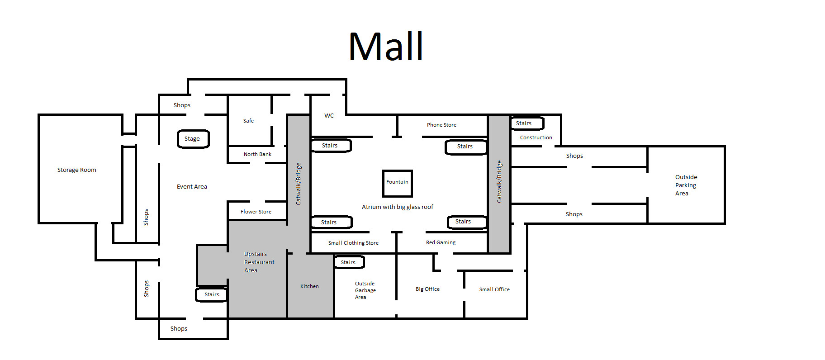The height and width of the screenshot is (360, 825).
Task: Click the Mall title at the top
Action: [386, 47]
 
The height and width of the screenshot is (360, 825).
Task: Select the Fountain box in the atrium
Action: [397, 183]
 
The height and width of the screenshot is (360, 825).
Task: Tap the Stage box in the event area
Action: [193, 139]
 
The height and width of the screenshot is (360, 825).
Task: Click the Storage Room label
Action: [76, 170]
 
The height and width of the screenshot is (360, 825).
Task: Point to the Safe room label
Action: [248, 121]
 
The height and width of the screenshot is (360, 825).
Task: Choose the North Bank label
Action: [257, 154]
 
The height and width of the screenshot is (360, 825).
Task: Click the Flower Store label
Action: [256, 212]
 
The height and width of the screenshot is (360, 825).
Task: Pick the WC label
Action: [329, 116]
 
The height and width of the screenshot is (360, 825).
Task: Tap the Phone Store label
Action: [441, 125]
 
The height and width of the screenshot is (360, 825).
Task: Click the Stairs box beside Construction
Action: [526, 123]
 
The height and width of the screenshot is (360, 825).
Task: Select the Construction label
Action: [536, 137]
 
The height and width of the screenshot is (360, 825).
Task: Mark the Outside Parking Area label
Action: [686, 185]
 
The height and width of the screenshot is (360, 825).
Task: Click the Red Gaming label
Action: [441, 242]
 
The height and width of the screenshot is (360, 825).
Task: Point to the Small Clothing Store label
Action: [353, 243]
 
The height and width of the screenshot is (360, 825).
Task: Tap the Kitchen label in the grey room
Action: [309, 286]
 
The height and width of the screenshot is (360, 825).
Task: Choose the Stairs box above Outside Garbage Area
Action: [349, 262]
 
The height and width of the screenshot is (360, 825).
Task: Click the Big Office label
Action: [427, 289]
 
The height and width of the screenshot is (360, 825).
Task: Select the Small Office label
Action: [494, 289]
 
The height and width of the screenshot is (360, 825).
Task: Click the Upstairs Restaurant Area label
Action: [259, 262]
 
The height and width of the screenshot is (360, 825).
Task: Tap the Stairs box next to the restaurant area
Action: [211, 294]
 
